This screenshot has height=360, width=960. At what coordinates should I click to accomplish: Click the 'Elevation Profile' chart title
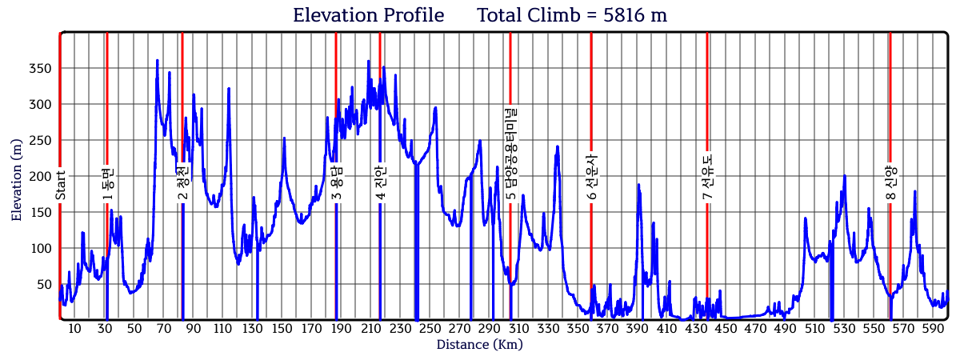click(x=368, y=15)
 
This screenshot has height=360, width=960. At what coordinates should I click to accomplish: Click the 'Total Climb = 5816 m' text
click(x=572, y=15)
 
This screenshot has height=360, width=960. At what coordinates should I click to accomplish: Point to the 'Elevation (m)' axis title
click(x=17, y=178)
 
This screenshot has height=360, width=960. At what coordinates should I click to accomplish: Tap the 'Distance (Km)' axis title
click(x=479, y=345)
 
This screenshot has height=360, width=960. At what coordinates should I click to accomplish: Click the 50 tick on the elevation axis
click(x=44, y=285)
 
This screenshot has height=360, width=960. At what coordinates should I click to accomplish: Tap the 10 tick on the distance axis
click(x=75, y=329)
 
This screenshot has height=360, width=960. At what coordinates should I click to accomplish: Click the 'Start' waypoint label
click(x=61, y=185)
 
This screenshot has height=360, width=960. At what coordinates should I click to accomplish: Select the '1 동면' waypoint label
click(x=108, y=183)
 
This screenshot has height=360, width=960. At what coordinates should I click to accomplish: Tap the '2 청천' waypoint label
click(x=183, y=183)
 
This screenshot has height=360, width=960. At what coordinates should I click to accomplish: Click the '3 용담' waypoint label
click(x=337, y=183)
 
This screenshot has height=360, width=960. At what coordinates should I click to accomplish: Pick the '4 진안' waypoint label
click(x=381, y=183)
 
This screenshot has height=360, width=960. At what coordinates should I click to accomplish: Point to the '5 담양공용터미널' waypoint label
click(x=510, y=154)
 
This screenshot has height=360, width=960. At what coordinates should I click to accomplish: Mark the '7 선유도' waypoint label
click(x=708, y=178)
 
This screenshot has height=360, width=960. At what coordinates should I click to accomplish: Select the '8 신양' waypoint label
click(x=890, y=183)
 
